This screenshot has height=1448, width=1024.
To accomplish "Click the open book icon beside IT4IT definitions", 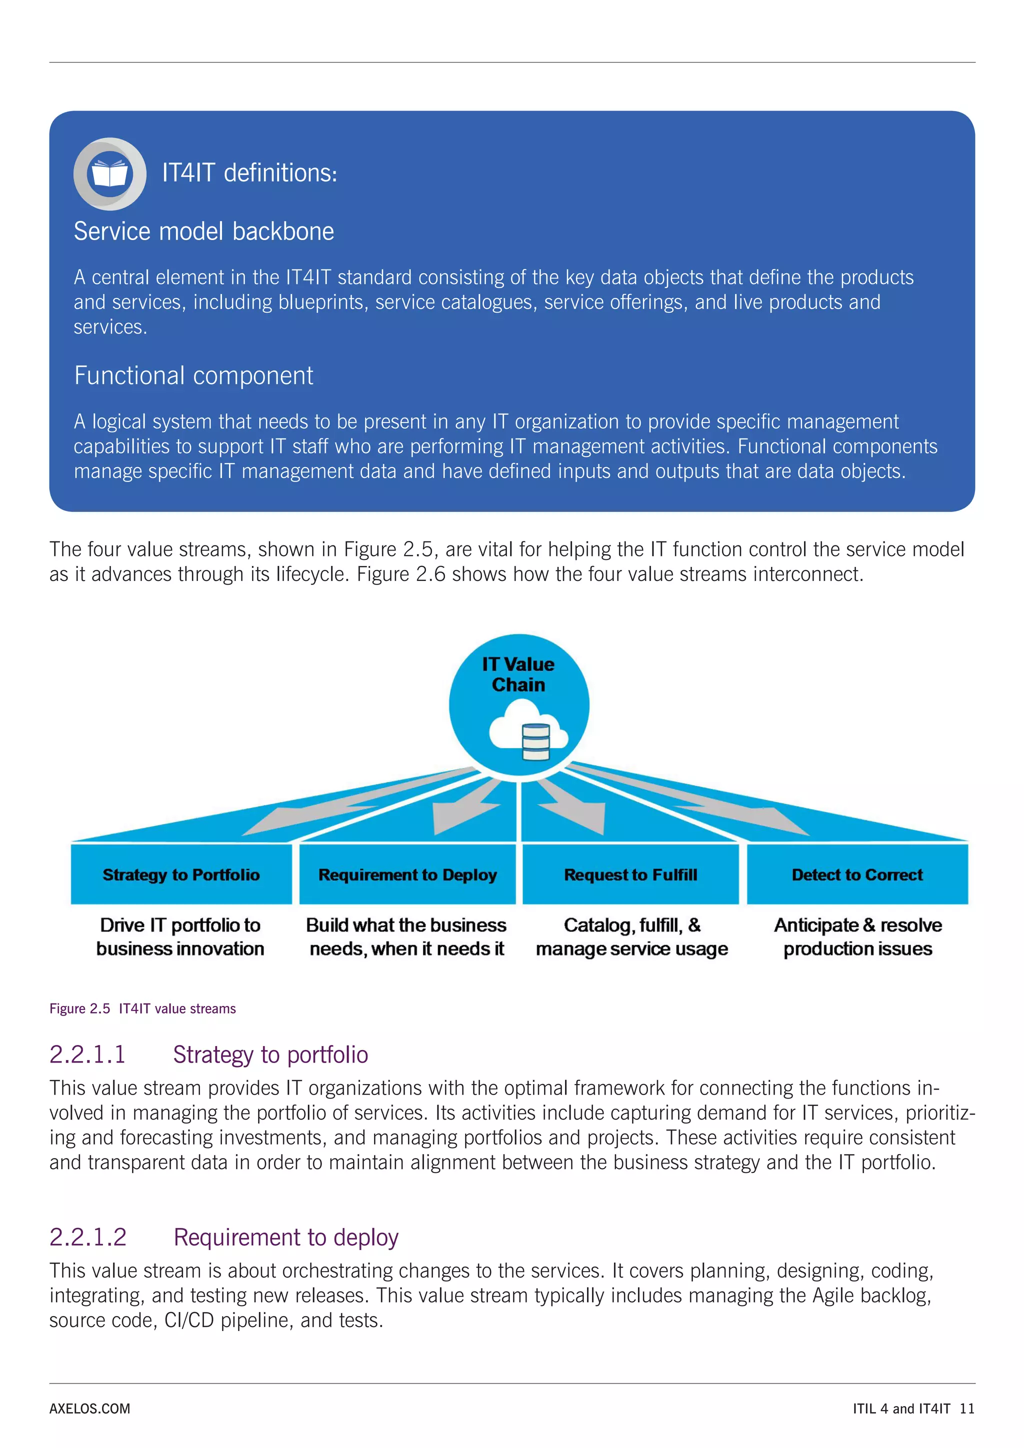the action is point(109,173).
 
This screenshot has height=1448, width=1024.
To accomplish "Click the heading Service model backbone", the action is point(203,231).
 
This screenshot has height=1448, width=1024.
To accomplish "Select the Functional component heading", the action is point(193,376).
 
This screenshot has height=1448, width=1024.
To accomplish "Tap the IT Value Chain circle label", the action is point(518,674).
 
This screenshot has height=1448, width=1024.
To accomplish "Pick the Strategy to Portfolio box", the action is point(181,874).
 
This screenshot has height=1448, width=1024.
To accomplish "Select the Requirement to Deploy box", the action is point(407,874).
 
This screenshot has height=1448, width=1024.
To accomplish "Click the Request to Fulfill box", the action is point(630,874).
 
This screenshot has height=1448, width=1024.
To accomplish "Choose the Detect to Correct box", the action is point(857,874).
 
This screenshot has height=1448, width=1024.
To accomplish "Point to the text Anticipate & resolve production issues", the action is point(857,936).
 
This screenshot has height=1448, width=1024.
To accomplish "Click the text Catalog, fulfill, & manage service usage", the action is point(632,936).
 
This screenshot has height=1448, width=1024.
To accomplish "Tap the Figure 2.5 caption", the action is point(142,1008).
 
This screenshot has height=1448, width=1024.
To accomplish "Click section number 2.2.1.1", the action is point(87,1054).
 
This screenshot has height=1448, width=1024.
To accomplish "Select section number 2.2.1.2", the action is point(87,1237).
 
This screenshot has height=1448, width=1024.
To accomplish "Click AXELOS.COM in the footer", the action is point(89,1408).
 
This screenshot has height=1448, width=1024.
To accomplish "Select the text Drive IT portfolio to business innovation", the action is point(180,936).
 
